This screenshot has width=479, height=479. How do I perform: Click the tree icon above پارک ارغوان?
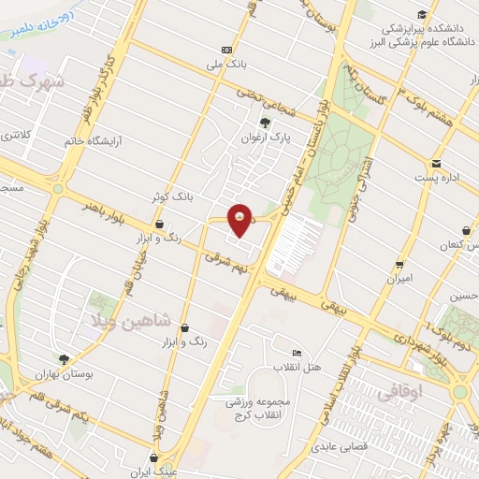pyautogui.click(x=266, y=123)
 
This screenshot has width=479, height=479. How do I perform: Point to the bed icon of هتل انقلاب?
pyautogui.click(x=298, y=353)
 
